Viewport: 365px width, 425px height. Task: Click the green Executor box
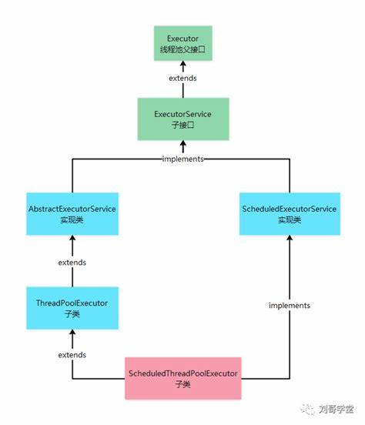point(183,43)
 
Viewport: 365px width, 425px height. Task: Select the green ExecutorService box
point(183,119)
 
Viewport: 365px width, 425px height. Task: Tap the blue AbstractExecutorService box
point(72,214)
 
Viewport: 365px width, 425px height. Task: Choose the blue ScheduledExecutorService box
point(290,214)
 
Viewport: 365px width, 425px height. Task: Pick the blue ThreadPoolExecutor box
point(72,308)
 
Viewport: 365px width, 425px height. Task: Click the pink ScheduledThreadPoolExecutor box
point(183,378)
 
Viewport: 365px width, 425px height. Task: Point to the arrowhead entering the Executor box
point(183,64)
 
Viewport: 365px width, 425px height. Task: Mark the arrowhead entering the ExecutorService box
point(183,144)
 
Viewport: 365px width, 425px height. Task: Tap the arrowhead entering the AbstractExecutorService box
point(72,239)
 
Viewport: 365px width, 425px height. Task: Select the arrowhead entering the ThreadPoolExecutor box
point(72,333)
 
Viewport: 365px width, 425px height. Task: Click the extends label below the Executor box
point(182,78)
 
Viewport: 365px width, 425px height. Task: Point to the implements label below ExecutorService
point(182,159)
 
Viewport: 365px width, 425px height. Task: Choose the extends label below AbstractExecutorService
point(72,263)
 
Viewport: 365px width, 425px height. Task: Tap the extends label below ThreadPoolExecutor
point(72,355)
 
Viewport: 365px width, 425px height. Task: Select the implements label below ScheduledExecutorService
point(290,306)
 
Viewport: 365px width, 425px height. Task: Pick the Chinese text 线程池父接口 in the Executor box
point(182,49)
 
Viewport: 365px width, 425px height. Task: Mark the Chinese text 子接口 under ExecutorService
point(182,125)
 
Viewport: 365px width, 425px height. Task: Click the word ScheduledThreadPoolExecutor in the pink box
point(183,373)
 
